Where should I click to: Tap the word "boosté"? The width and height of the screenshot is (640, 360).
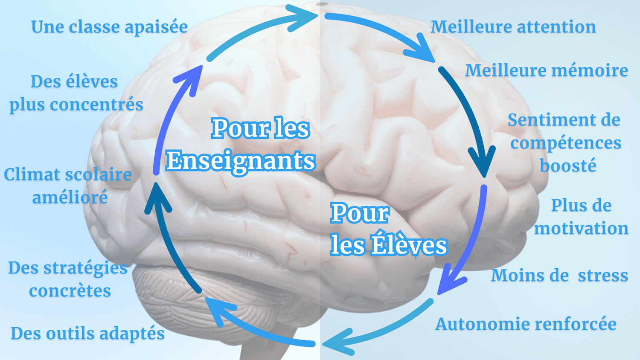coord(567,166)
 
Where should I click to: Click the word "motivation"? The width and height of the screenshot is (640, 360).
coord(581,229)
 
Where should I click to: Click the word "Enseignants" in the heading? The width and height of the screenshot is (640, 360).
coord(240,161)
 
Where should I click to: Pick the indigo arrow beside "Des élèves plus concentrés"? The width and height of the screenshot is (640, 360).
coord(171,115)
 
